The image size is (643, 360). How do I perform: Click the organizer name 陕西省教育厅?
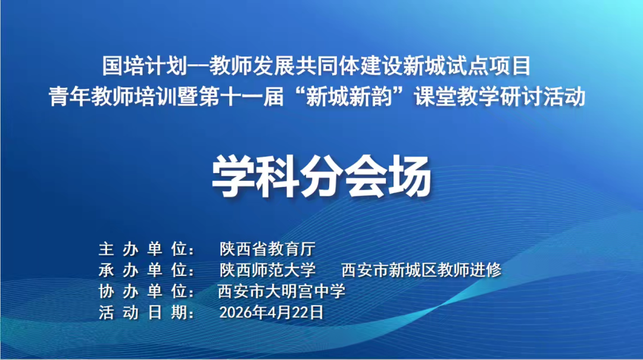(267, 248)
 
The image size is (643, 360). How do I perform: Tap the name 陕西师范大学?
(267, 270)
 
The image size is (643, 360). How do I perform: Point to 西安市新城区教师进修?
(422, 270)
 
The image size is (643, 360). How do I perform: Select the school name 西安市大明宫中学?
(282, 291)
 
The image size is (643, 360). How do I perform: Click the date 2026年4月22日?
(271, 312)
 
